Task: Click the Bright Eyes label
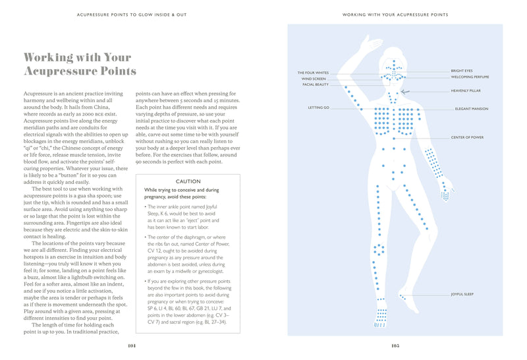coord(461,70)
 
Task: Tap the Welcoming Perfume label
coord(470,76)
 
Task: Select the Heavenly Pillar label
coord(466,91)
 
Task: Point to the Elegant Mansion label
coord(472,108)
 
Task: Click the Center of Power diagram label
coord(468,137)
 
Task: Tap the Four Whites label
coord(313,73)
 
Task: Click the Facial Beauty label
coord(316,84)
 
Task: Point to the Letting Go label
coord(318,107)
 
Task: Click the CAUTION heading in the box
coord(188,181)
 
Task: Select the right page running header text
coord(395,15)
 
